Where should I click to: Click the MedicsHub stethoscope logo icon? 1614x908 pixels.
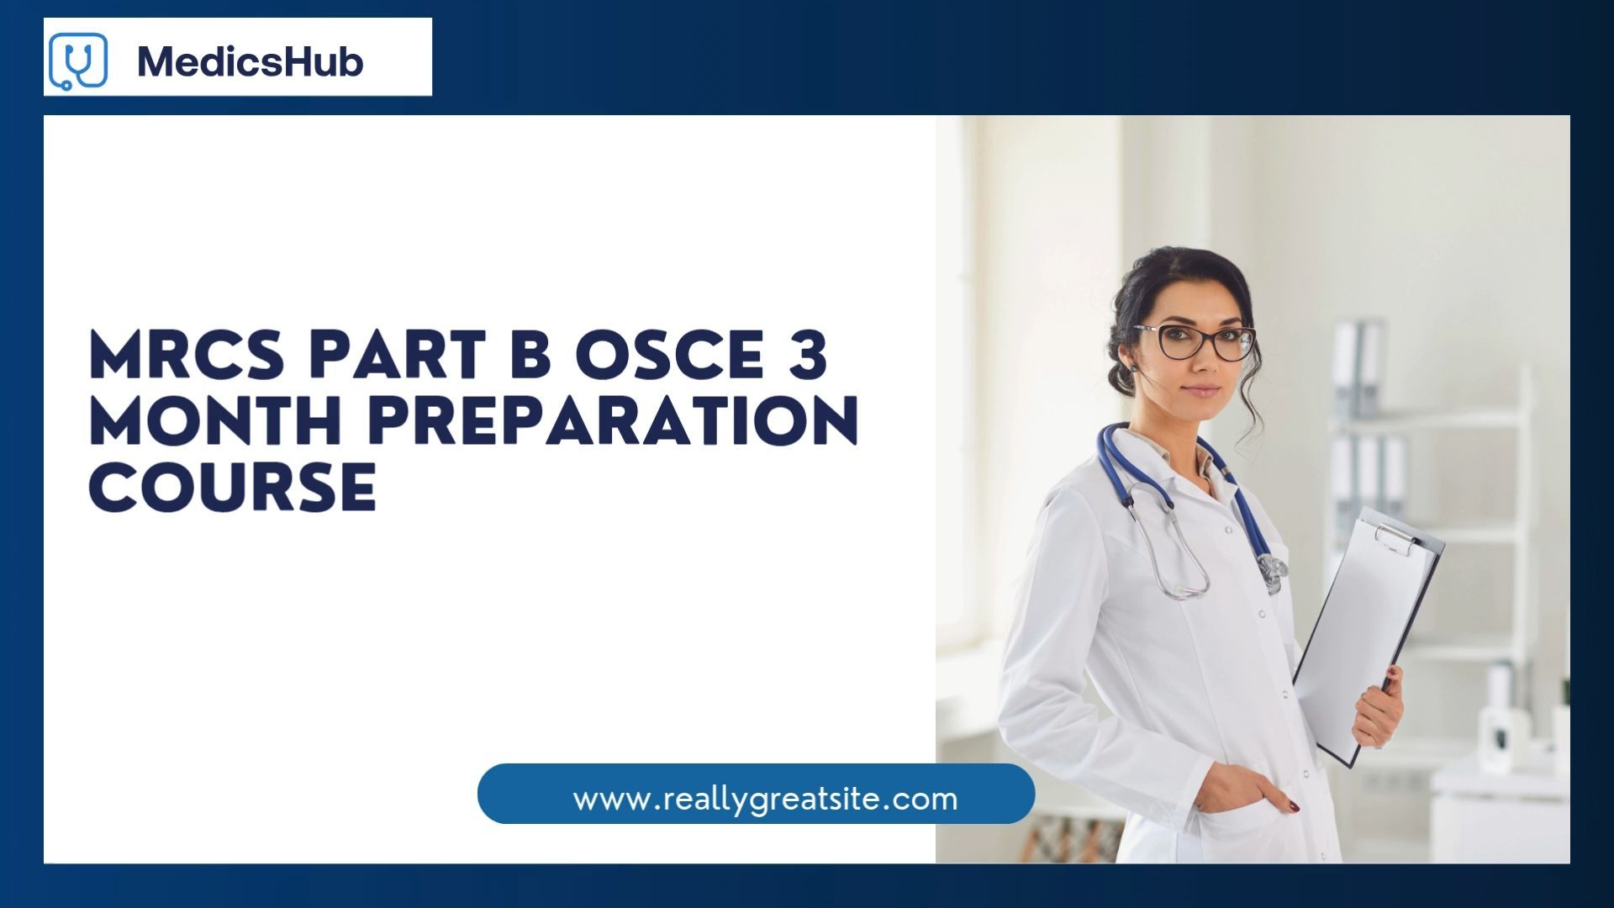(x=78, y=61)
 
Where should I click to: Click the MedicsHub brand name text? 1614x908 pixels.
(x=250, y=61)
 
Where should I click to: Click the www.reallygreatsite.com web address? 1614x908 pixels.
(x=765, y=798)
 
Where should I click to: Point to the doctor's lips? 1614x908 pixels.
(x=1202, y=390)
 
